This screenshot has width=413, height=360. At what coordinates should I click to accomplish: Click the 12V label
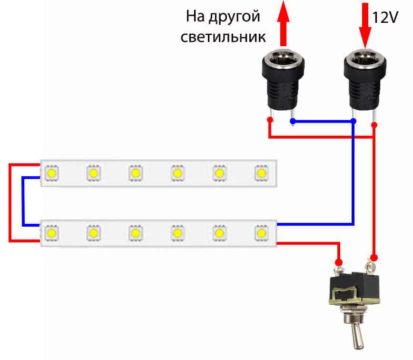click(x=385, y=19)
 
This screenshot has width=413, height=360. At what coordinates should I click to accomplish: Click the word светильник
click(x=223, y=37)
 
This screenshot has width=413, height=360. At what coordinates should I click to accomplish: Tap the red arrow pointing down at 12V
click(x=365, y=24)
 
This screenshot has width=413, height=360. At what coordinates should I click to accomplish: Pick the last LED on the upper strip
click(x=261, y=172)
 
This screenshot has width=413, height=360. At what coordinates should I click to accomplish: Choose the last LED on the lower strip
click(x=261, y=233)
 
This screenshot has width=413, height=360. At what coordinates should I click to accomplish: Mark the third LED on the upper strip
click(x=135, y=172)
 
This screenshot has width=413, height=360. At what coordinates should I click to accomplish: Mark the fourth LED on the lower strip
click(x=177, y=233)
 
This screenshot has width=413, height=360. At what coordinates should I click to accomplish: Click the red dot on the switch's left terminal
click(x=339, y=261)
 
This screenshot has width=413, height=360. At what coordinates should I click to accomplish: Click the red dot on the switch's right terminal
click(x=374, y=258)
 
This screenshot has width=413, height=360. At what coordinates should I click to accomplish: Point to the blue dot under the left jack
click(x=293, y=121)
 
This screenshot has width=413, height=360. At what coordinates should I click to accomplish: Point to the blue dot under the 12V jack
click(x=353, y=121)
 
